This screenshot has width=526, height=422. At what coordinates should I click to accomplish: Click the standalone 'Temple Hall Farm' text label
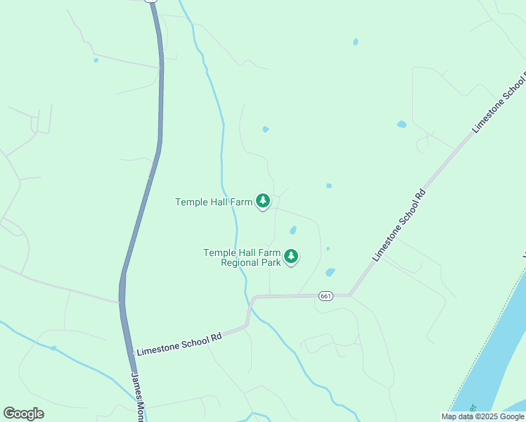pyautogui.click(x=213, y=202)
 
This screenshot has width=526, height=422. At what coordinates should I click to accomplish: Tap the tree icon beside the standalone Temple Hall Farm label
pyautogui.click(x=263, y=202)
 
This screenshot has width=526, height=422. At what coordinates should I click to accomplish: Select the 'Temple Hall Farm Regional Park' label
pyautogui.click(x=241, y=257)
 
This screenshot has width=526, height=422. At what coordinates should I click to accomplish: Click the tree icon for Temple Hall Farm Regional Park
pyautogui.click(x=291, y=257)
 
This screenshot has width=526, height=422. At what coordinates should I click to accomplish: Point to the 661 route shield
pyautogui.click(x=325, y=295)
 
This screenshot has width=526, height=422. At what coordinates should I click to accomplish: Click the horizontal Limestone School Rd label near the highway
pyautogui.click(x=179, y=344)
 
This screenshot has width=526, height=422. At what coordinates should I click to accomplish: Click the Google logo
pyautogui.click(x=23, y=414)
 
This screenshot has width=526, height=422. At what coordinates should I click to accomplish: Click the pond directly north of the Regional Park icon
pyautogui.click(x=293, y=230)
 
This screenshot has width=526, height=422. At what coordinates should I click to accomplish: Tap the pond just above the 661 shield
pyautogui.click(x=330, y=272)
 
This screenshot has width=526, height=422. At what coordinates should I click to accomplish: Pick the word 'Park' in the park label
pyautogui.click(x=272, y=263)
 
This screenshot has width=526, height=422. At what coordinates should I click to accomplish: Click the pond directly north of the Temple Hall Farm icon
pyautogui.click(x=265, y=129)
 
